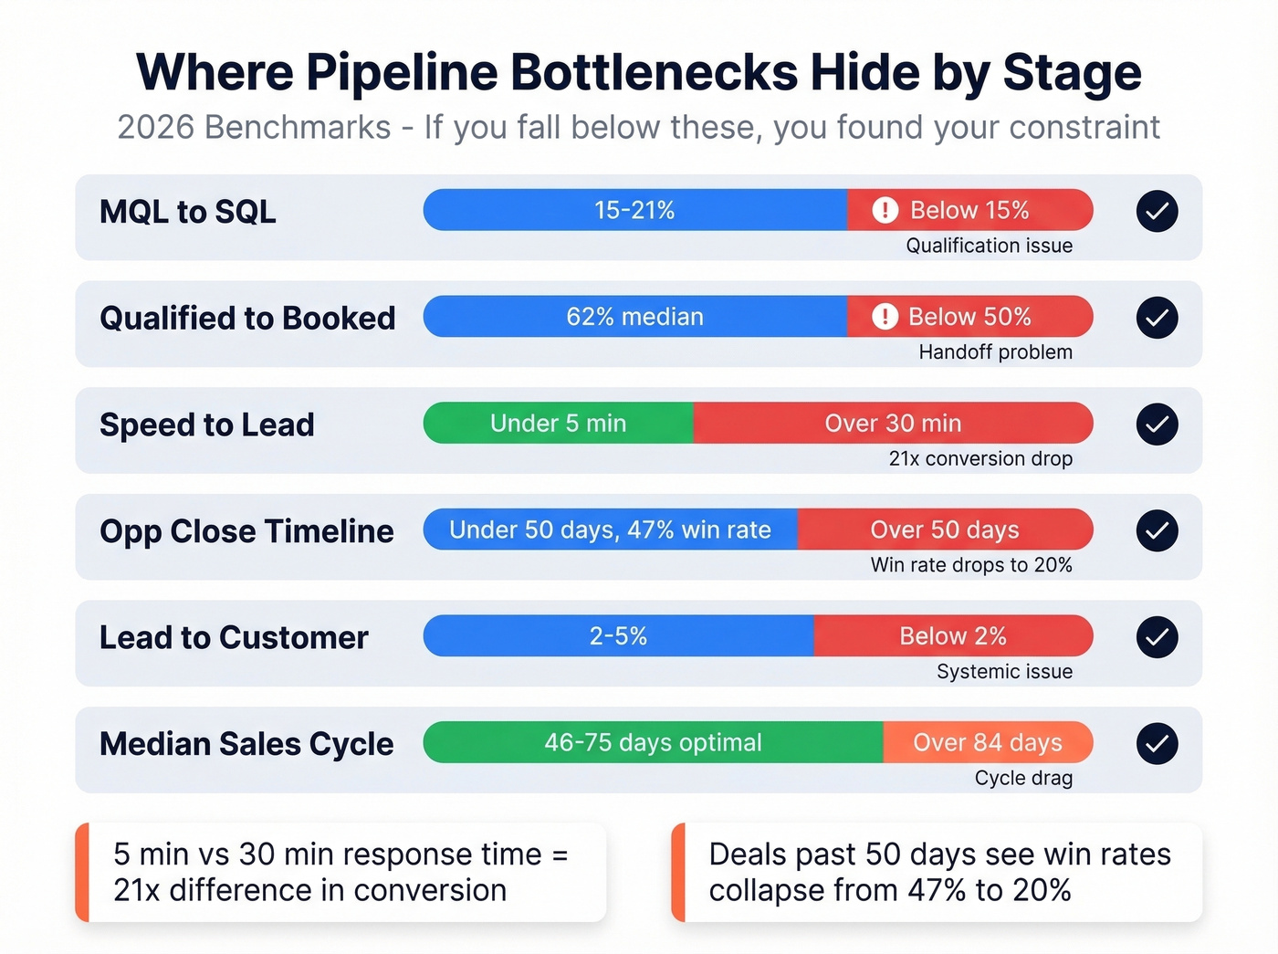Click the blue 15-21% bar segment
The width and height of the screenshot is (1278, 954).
pos(634,210)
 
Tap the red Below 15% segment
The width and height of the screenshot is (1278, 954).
pos(969,210)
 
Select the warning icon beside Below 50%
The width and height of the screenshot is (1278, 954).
pos(885,317)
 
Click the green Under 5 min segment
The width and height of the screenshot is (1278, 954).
pos(558,424)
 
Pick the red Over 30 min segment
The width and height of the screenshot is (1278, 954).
pos(893,424)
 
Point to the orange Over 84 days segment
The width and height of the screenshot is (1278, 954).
pos(988,743)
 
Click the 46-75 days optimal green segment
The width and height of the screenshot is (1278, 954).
pos(653,743)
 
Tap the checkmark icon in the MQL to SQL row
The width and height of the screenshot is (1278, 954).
pos(1157,211)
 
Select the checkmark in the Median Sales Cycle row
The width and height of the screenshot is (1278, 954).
pos(1157,743)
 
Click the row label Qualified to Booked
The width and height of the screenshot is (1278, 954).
pos(247,318)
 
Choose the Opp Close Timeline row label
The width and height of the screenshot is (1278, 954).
pos(246,531)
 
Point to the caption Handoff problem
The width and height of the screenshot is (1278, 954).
pos(995,352)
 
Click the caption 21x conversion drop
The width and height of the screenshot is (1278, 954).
pos(980,458)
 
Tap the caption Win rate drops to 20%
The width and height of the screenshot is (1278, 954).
pos(971,565)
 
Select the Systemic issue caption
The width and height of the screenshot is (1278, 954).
pos(1004,672)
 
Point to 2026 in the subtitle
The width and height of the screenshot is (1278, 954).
pos(156,128)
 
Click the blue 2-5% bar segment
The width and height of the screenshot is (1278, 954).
pos(618,636)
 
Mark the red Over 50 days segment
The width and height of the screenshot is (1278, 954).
pos(945,530)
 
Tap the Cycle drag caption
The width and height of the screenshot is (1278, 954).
pos(1023,778)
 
